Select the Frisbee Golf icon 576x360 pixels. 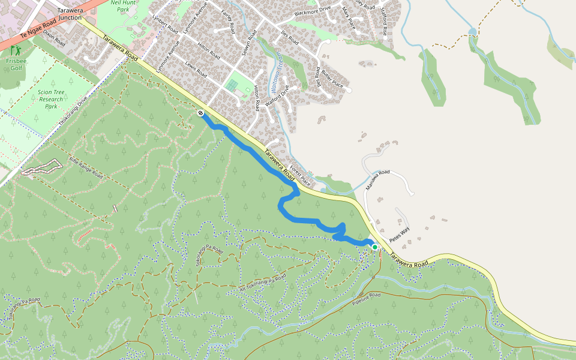pos(14,50)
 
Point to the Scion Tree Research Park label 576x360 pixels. pos(51,99)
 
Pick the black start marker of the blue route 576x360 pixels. pos(200,113)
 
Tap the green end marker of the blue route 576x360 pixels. pos(374,247)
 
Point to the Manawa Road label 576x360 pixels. pos(377,180)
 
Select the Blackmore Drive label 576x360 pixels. pos(313,11)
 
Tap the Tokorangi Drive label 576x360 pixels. pos(73,110)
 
